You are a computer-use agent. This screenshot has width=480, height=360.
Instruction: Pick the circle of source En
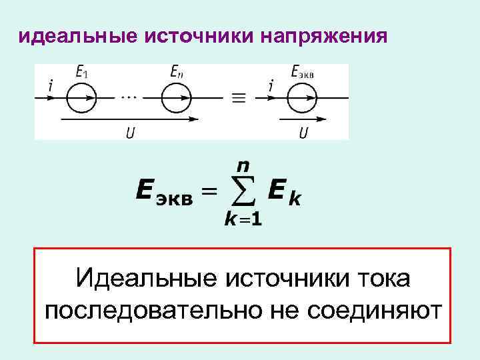(x=177, y=98)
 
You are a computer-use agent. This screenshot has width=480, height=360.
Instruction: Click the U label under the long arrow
(x=129, y=133)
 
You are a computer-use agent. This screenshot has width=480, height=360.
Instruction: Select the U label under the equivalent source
(x=303, y=133)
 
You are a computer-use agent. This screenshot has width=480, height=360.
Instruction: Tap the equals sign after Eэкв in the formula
(x=209, y=192)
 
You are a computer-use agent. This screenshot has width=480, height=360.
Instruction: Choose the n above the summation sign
(x=245, y=164)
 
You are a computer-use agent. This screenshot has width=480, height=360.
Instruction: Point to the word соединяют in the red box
(x=367, y=310)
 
